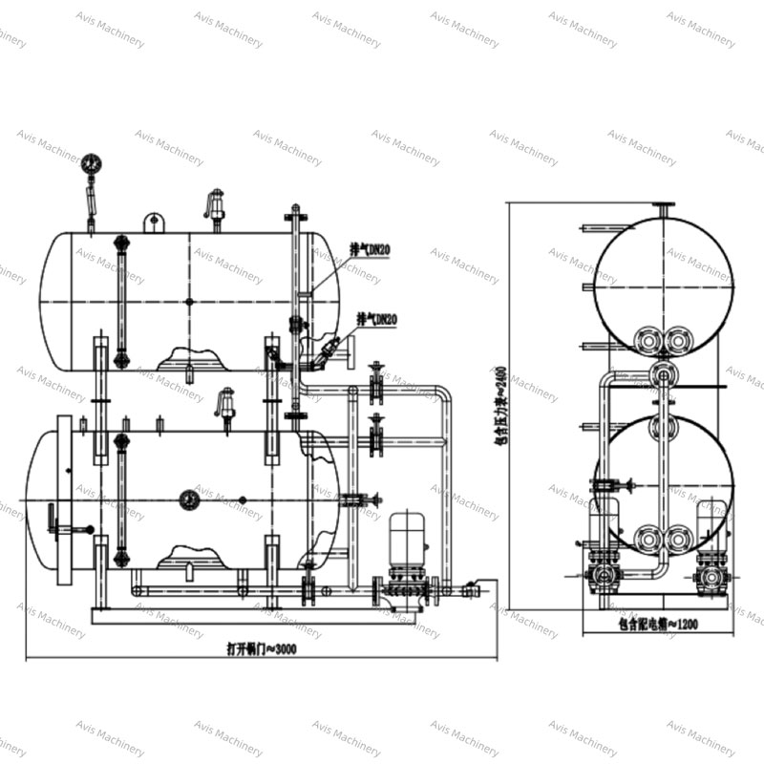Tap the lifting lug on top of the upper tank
[x=154, y=222]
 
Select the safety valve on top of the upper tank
[x=216, y=206]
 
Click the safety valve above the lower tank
[x=226, y=400]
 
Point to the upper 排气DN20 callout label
[x=371, y=249]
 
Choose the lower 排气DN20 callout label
[x=377, y=318]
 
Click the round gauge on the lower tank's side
[x=188, y=499]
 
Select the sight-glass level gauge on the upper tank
[x=120, y=301]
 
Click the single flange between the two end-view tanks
[x=660, y=370]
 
